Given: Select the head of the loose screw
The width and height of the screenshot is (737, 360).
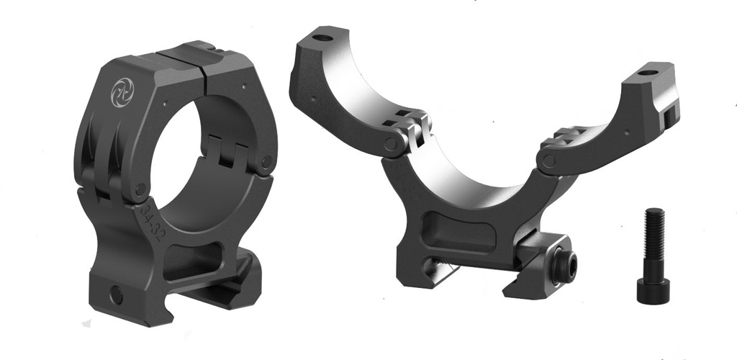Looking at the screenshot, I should coord(653,288).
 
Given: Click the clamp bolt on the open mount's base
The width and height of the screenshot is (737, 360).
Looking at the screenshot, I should coord(562,269).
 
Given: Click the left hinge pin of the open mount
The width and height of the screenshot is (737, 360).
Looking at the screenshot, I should coord(393,145).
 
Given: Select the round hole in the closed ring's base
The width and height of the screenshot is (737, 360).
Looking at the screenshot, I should coord(115,292).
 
